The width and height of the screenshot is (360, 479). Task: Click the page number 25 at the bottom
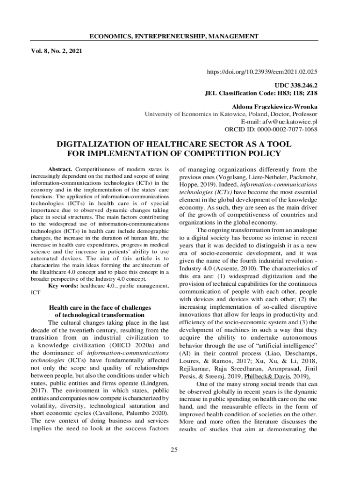pyautogui.click(x=174, y=450)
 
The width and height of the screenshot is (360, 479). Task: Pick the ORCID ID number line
pyautogui.click(x=271, y=129)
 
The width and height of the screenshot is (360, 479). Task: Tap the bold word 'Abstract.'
pyautogui.click(x=60, y=169)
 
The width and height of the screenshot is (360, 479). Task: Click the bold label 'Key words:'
pyautogui.click(x=64, y=285)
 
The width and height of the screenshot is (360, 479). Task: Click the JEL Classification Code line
pyautogui.click(x=262, y=93)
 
